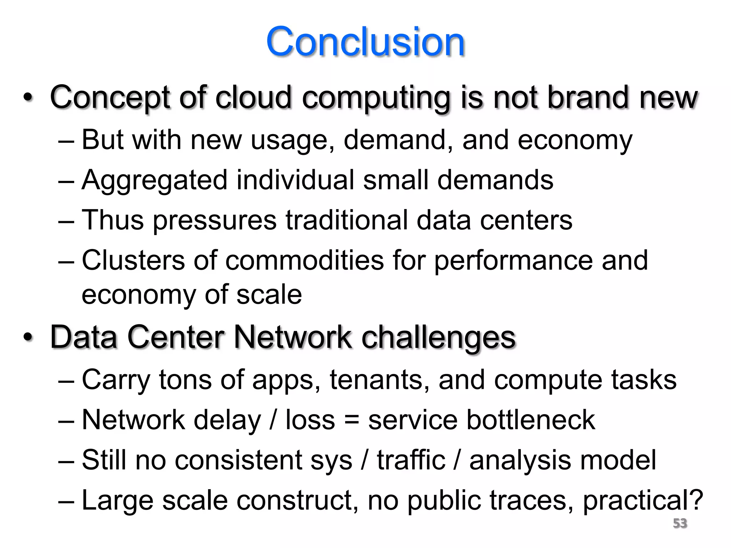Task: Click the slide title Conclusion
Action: click(365, 42)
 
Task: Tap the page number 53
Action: click(680, 523)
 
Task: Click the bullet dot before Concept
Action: click(28, 97)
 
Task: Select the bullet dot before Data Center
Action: click(28, 337)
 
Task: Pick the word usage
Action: click(288, 140)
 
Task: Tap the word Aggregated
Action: click(155, 180)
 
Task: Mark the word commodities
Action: click(304, 260)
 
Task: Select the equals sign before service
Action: click(352, 420)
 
